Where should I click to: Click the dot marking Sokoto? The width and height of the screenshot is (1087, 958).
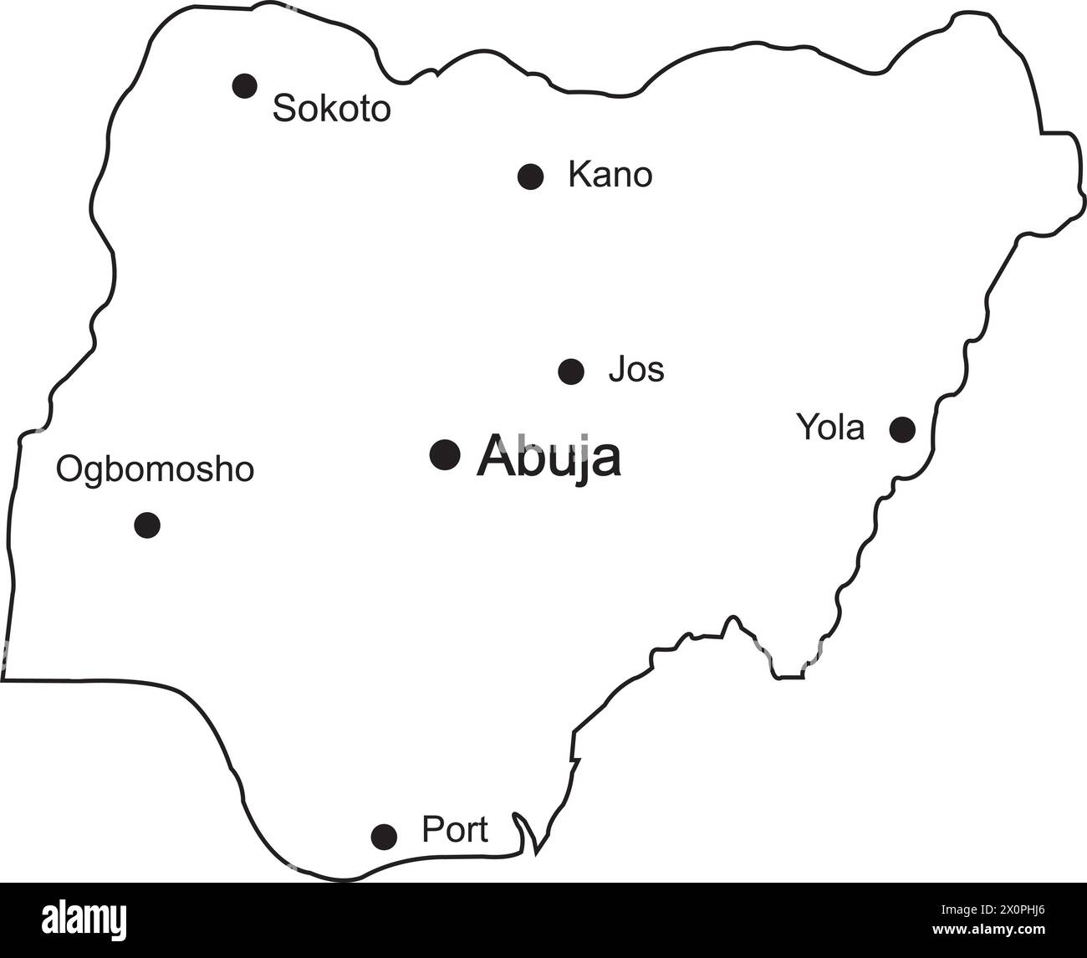click(x=244, y=85)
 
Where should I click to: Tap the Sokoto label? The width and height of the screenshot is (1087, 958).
click(x=332, y=109)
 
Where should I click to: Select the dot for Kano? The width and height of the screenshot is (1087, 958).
click(x=531, y=177)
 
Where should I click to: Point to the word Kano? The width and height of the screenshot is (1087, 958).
click(x=610, y=176)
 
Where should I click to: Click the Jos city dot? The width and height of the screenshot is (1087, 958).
click(x=571, y=371)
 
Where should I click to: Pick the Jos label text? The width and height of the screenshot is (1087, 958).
click(x=636, y=369)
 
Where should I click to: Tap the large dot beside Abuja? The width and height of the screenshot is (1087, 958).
click(x=445, y=454)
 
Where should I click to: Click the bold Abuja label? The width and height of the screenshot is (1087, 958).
click(x=549, y=457)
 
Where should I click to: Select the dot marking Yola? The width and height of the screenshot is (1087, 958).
click(x=902, y=429)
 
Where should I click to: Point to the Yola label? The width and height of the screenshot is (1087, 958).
click(x=829, y=428)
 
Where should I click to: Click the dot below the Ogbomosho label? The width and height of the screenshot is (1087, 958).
click(x=147, y=525)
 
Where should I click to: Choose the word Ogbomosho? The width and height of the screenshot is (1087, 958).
click(x=155, y=469)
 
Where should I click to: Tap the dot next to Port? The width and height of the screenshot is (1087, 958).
click(x=384, y=835)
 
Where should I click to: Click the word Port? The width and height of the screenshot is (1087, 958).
click(x=454, y=830)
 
